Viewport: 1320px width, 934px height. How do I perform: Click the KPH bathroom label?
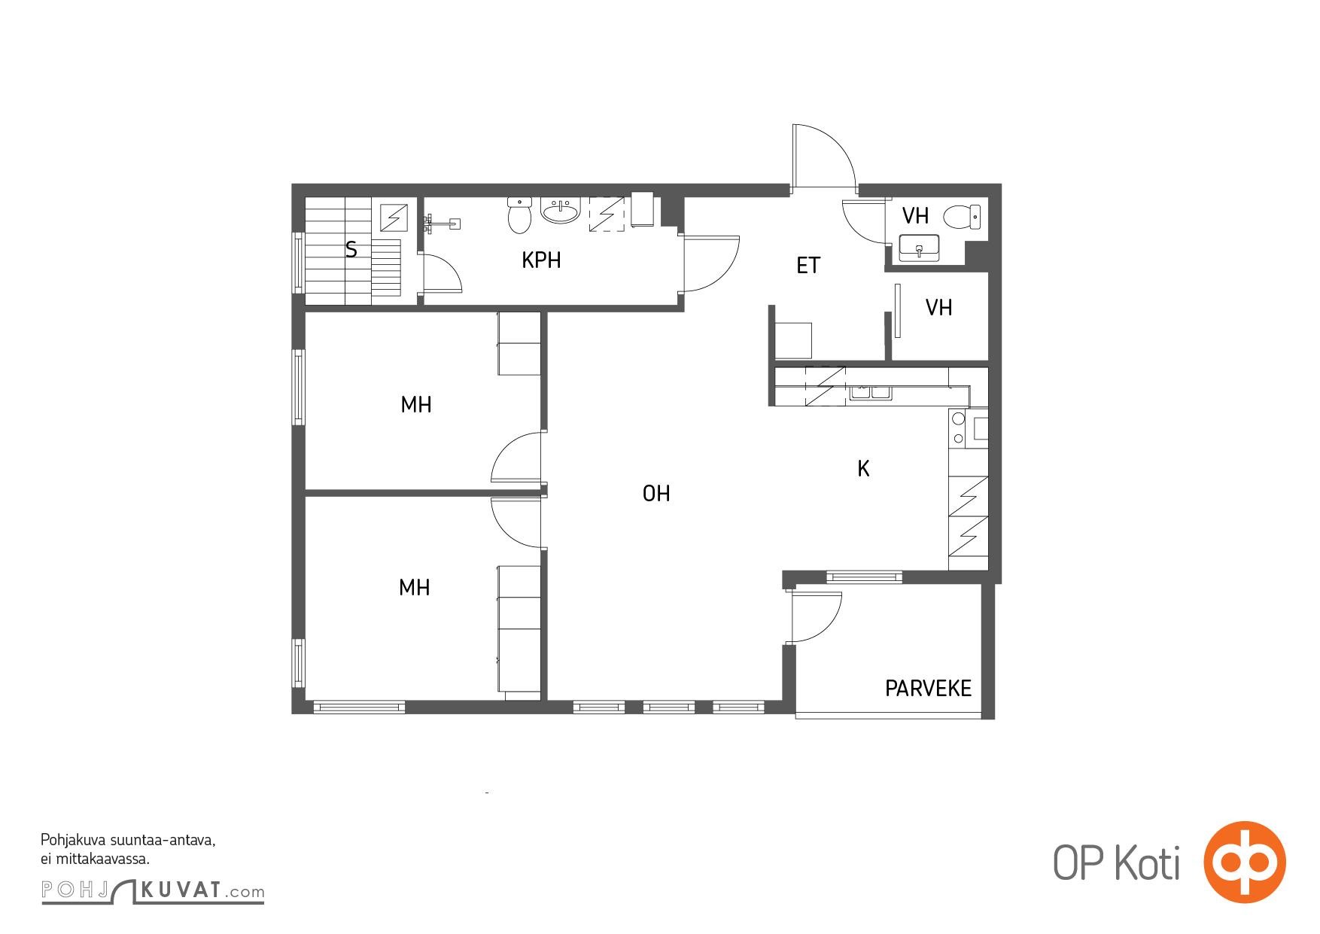541,260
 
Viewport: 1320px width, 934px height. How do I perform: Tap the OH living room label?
656,493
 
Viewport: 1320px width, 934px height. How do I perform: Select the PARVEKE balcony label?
928,688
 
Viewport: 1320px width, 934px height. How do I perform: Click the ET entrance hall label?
808,265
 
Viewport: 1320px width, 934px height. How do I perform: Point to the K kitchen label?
863,469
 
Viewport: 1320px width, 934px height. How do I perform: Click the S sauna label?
351,249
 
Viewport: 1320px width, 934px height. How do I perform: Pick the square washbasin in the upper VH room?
918,248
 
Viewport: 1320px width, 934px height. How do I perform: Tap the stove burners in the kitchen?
959,427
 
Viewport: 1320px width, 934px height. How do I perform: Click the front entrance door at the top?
824,155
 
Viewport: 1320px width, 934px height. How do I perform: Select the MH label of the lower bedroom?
414,587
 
